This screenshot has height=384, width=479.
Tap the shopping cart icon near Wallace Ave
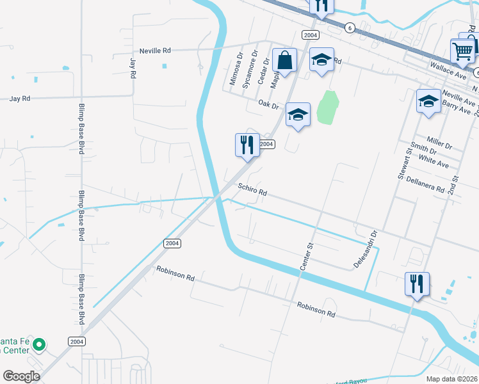click(462, 50)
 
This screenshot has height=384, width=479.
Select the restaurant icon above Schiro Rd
click(247, 145)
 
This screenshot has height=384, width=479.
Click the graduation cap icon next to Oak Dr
click(298, 114)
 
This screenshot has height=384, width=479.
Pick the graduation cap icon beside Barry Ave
click(428, 101)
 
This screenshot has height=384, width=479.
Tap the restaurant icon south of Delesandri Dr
click(417, 283)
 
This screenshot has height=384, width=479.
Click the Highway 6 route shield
click(349, 28)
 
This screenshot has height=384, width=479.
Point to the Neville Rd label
click(156, 50)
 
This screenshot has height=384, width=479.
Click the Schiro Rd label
click(252, 190)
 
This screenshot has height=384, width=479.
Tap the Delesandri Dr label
click(366, 249)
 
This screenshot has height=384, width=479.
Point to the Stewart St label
click(405, 163)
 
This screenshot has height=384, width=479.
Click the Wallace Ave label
click(448, 68)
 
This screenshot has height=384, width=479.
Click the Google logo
click(21, 376)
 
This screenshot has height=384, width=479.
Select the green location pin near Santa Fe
click(38, 345)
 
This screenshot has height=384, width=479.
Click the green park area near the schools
click(328, 108)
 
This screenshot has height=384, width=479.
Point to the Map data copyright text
click(452, 379)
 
